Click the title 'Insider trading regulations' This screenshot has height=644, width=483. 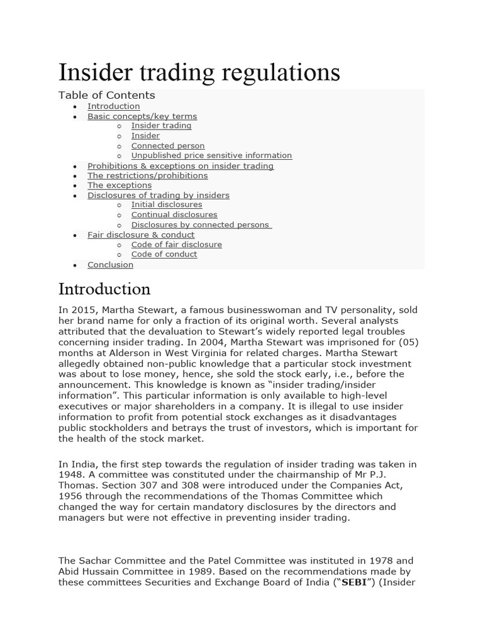pos(199,73)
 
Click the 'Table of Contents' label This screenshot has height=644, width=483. pos(106,96)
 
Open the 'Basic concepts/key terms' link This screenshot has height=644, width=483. pos(142,116)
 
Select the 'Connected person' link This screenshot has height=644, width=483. pos(168,146)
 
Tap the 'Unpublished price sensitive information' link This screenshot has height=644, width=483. pos(211,155)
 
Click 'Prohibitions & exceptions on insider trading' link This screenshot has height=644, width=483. pos(180,166)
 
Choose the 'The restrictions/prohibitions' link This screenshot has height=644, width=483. pos(147,175)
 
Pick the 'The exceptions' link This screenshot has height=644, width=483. pos(119,186)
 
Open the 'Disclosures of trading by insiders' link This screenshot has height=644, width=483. pos(158,196)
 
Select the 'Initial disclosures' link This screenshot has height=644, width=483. pos(167,205)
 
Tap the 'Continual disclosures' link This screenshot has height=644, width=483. pos(174,215)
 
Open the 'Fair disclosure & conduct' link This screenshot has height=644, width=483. pos(141,235)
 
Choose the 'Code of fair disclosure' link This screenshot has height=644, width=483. pos(176,245)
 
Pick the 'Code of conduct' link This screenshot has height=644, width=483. pos(164,255)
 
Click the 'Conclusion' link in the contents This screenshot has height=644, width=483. pos(110,265)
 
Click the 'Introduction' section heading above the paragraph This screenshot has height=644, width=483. pos(104,289)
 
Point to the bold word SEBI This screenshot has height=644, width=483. pos(353,582)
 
